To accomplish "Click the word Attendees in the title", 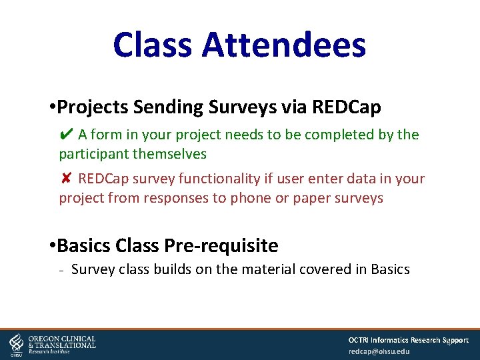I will point(283,45).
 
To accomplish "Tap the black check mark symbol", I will point(65,135).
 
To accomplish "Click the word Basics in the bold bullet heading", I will point(84,246).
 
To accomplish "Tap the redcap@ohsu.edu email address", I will point(379,351).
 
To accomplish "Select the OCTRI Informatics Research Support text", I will point(408,340).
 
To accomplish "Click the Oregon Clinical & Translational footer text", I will point(62,343).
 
